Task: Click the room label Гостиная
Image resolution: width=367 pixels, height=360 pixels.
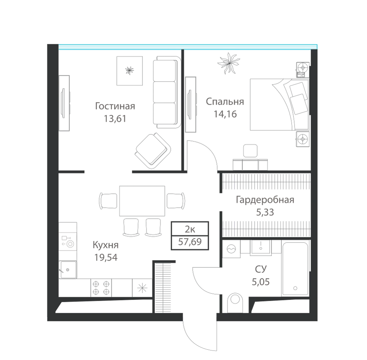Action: [115, 106]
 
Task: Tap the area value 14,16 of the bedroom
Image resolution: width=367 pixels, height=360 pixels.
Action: [225, 114]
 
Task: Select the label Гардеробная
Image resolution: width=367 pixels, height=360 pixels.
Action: [265, 200]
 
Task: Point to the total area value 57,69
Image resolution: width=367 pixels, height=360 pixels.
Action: [190, 241]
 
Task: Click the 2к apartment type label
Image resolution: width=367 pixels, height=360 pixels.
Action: [190, 229]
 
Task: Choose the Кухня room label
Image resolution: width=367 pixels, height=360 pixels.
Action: [106, 245]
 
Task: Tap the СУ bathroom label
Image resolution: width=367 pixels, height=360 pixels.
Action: [261, 269]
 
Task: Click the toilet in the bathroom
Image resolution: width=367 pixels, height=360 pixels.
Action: [235, 302]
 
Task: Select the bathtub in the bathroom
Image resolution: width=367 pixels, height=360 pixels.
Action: [295, 269]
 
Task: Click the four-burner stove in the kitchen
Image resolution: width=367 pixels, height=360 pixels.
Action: [101, 288]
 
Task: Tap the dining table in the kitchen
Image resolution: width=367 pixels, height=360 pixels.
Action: [142, 201]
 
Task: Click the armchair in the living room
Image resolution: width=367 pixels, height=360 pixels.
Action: [153, 151]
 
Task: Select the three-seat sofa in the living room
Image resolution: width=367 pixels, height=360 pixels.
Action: [167, 92]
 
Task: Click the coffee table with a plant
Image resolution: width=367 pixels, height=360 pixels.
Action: [130, 71]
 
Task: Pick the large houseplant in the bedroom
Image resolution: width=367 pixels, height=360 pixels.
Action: [229, 63]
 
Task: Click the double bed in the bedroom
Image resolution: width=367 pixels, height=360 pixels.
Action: [279, 104]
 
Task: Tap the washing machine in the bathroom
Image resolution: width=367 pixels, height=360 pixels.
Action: [231, 249]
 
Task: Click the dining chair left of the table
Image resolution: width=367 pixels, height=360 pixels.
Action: [108, 201]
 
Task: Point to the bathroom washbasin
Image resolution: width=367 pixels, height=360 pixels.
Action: [261, 247]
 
